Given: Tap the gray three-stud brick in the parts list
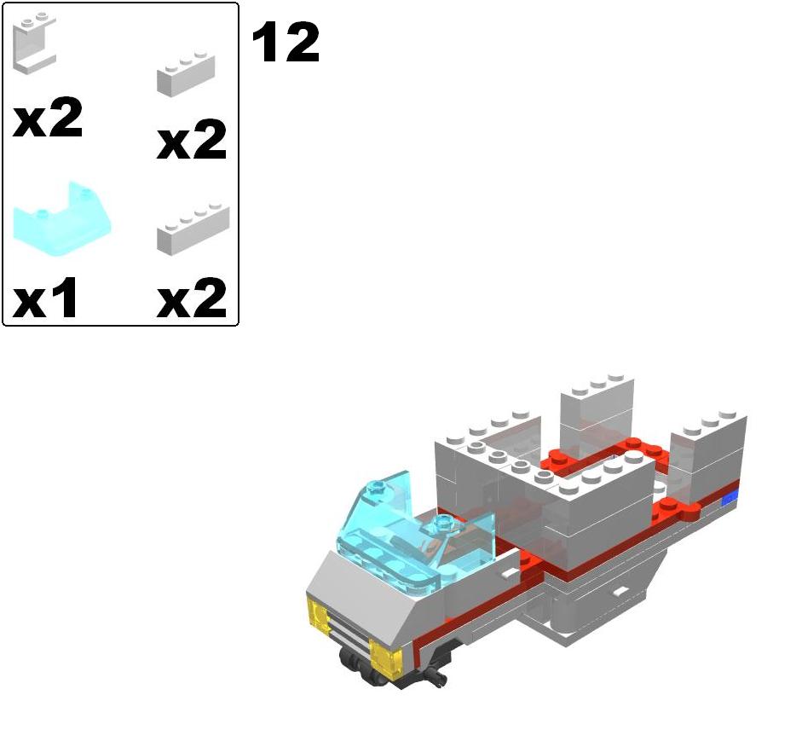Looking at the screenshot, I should pyautogui.click(x=185, y=74).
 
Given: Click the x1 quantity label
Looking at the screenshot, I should pyautogui.click(x=47, y=298).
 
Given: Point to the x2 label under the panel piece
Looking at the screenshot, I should pyautogui.click(x=48, y=119).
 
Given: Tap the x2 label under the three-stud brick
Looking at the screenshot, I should pyautogui.click(x=192, y=140).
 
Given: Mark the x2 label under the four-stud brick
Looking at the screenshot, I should pyautogui.click(x=192, y=298).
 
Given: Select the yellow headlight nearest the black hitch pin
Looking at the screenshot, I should pyautogui.click(x=388, y=658).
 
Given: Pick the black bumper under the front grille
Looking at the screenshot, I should pyautogui.click(x=362, y=665).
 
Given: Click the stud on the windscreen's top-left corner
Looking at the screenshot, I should pyautogui.click(x=376, y=489).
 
